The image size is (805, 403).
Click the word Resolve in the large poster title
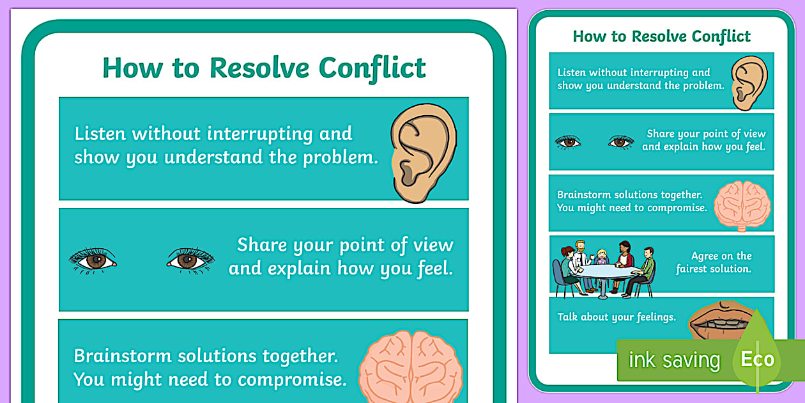point(259,68)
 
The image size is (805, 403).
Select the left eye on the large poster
point(93,260)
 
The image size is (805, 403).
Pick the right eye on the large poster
point(190,260)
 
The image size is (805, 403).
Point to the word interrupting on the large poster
point(259,134)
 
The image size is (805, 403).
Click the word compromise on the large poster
point(289,379)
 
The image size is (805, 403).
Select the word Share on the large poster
point(262,245)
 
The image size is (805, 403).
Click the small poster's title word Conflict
point(715,36)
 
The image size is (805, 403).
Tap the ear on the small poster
point(749,81)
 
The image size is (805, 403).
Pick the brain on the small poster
point(742,204)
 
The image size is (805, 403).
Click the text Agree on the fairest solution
point(714,263)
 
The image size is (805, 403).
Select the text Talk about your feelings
point(616,317)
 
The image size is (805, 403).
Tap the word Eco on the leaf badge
point(757,359)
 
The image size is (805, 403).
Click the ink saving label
point(674,360)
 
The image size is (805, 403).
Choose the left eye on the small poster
point(567,142)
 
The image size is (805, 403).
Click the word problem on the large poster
point(338,158)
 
